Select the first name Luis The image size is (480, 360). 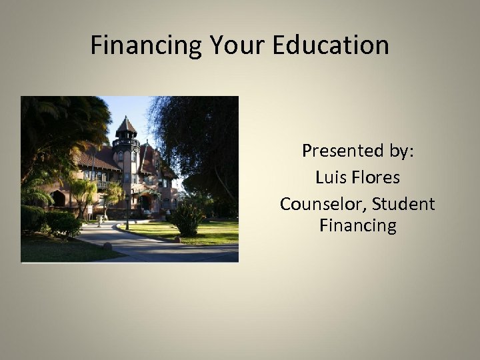pos(328,177)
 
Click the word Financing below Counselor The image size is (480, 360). pos(357,226)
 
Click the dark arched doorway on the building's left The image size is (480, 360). pos(59,199)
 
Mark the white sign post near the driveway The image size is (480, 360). pos(90,212)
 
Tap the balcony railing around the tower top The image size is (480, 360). pos(125,142)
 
